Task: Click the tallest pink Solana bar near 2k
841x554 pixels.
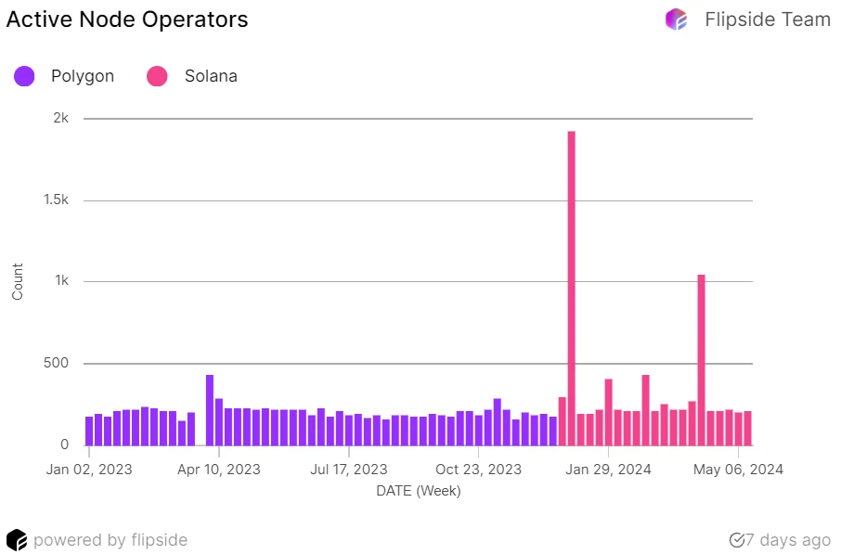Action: point(572,288)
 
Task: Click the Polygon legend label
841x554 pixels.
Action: point(83,76)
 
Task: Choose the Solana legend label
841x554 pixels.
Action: point(211,76)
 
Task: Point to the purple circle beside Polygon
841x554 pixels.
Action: point(25,76)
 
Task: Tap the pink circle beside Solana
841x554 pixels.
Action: point(158,76)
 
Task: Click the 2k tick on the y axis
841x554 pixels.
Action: point(61,119)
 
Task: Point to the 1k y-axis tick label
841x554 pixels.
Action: point(61,281)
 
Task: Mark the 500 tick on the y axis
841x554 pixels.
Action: point(58,363)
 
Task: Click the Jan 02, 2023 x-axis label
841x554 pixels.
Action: point(89,470)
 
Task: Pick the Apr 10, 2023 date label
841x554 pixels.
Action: point(219,470)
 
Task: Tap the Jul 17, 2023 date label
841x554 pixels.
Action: point(349,470)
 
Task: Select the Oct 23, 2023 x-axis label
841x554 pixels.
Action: point(479,470)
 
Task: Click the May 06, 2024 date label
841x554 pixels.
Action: point(739,470)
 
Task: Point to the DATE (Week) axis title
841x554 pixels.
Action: point(419,491)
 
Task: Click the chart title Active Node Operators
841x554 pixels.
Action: point(127,19)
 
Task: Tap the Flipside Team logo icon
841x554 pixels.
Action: point(677,19)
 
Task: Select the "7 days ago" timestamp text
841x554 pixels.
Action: point(788,540)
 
